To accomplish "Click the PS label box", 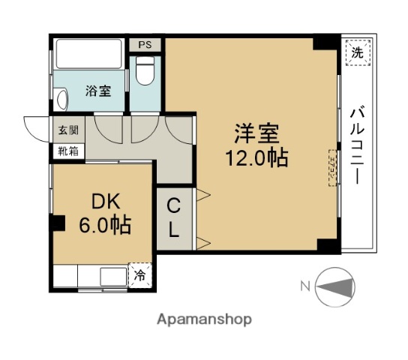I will click(x=145, y=45).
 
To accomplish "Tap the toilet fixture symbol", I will click(x=145, y=75).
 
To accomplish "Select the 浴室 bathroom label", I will click(x=98, y=91).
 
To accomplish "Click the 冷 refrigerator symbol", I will click(x=140, y=275).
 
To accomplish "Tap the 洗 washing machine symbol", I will click(x=358, y=52).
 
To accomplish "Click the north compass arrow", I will click(x=338, y=286).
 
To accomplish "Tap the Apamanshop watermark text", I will click(x=203, y=319).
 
